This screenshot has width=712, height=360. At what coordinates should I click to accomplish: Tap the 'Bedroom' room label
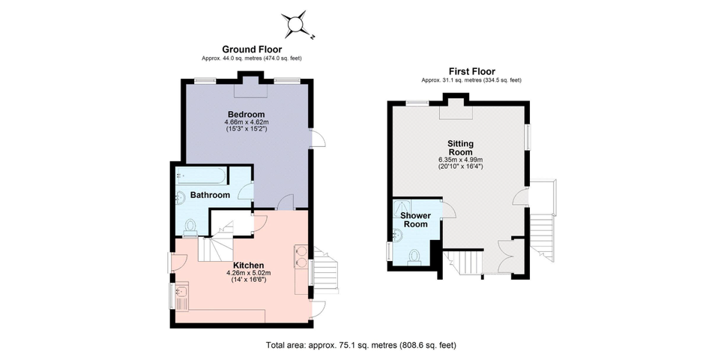pyautogui.click(x=247, y=114)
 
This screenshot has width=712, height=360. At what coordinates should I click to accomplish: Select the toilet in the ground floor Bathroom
pyautogui.click(x=190, y=225)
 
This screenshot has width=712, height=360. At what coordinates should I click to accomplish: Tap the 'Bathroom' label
pyautogui.click(x=209, y=195)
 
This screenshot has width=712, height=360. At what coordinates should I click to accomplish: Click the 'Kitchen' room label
pyautogui.click(x=247, y=265)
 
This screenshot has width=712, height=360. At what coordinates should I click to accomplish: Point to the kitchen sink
pyautogui.click(x=182, y=294)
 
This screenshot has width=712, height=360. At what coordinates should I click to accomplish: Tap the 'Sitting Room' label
pyautogui.click(x=460, y=147)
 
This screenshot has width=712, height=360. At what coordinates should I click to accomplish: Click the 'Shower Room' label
pyautogui.click(x=416, y=220)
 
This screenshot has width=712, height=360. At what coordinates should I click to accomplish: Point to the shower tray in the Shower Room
pyautogui.click(x=405, y=207)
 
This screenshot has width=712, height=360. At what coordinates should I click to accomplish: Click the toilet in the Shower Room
pyautogui.click(x=414, y=255)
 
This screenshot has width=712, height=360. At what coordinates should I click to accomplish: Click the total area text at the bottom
pyautogui.click(x=360, y=346)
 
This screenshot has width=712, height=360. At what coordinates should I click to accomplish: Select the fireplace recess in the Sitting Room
pyautogui.click(x=456, y=110)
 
